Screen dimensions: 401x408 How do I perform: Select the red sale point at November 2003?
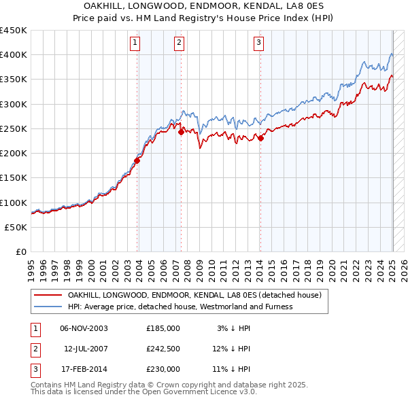pyautogui.click(x=137, y=161)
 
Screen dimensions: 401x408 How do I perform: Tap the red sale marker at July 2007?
pyautogui.click(x=182, y=133)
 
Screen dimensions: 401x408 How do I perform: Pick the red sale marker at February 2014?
pyautogui.click(x=260, y=139)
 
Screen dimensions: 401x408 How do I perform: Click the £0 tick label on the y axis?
pyautogui.click(x=20, y=252)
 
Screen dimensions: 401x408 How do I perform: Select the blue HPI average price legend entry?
pyautogui.click(x=180, y=307)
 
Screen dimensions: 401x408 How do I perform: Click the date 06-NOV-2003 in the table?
pyautogui.click(x=84, y=328)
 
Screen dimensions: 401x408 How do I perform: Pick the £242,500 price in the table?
pyautogui.click(x=163, y=349)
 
